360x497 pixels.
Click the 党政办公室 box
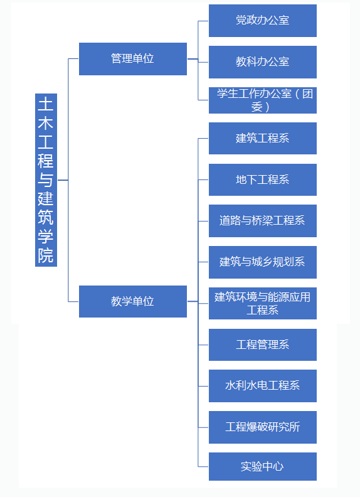coord(262,21)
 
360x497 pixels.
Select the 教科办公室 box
coord(262,61)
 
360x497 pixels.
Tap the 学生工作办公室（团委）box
coord(262,100)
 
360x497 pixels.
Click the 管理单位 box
coord(133,59)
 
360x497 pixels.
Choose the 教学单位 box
coord(133,301)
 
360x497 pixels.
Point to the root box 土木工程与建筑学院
coord(46,180)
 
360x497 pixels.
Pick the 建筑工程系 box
coord(262,138)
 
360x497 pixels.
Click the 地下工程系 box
coord(262,179)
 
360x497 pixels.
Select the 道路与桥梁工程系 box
coord(262,221)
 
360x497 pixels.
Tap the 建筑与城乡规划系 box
coord(262,262)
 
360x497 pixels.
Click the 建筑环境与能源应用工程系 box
coord(262,303)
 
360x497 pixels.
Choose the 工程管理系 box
coord(262,345)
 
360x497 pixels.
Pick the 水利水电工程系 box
coord(262,386)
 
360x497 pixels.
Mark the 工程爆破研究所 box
coord(262,427)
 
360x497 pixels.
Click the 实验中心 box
coord(262,467)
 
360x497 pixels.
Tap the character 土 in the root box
coord(46,104)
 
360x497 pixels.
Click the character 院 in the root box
coord(46,255)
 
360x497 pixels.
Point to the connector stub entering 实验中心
coord(203,467)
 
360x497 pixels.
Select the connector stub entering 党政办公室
coord(203,21)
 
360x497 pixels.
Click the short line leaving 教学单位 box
coord(193,301)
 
